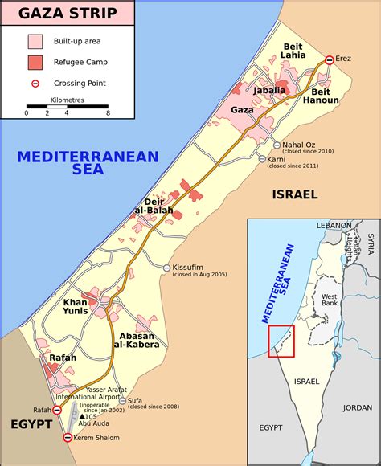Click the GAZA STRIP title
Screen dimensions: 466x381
67,13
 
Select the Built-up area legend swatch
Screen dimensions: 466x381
35,40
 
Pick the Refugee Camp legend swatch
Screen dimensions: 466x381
35,61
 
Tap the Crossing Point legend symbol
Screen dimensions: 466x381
35,83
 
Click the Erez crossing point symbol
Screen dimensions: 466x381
329,59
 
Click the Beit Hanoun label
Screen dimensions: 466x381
321,97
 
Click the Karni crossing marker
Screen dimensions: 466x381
262,159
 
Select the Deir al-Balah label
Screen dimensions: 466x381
162,206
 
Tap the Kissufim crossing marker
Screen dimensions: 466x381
166,268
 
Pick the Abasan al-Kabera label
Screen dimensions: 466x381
139,340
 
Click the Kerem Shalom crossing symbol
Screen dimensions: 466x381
68,438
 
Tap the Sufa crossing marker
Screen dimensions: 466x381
121,400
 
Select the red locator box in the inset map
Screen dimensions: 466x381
281,341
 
